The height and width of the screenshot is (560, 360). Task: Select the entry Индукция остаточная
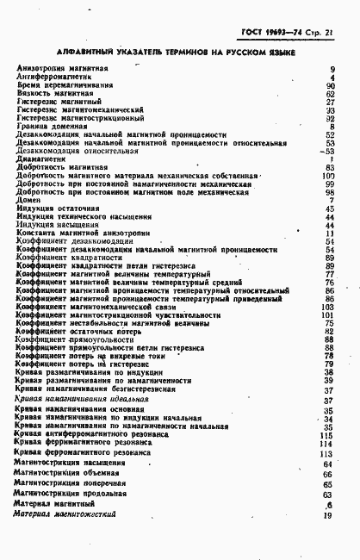pos(59,208)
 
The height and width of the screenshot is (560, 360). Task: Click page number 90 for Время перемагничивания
pos(330,85)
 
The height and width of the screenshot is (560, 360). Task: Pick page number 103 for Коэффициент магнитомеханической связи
pos(326,307)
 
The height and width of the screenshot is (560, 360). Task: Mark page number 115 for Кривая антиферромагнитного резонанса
pos(326,436)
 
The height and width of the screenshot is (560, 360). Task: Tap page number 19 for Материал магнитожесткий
pos(328,514)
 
